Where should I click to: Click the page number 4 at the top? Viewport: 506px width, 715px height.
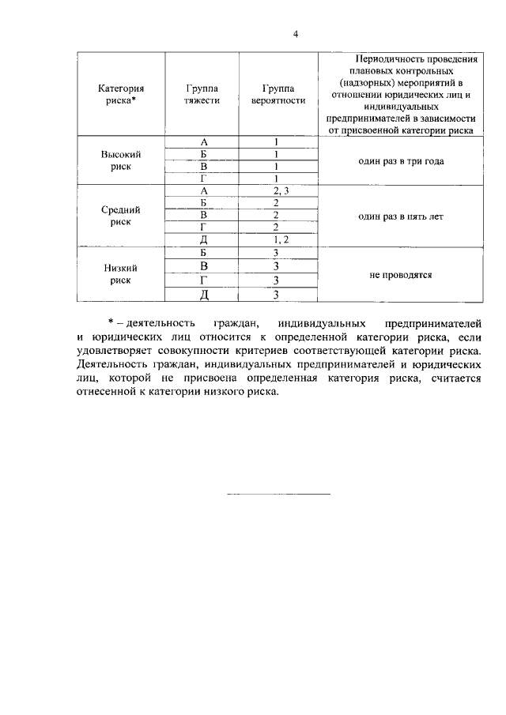click(x=294, y=34)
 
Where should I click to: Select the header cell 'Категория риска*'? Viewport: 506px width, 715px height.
click(x=120, y=95)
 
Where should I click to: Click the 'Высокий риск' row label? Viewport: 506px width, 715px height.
click(x=120, y=160)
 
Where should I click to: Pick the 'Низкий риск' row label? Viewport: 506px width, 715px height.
click(x=120, y=273)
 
